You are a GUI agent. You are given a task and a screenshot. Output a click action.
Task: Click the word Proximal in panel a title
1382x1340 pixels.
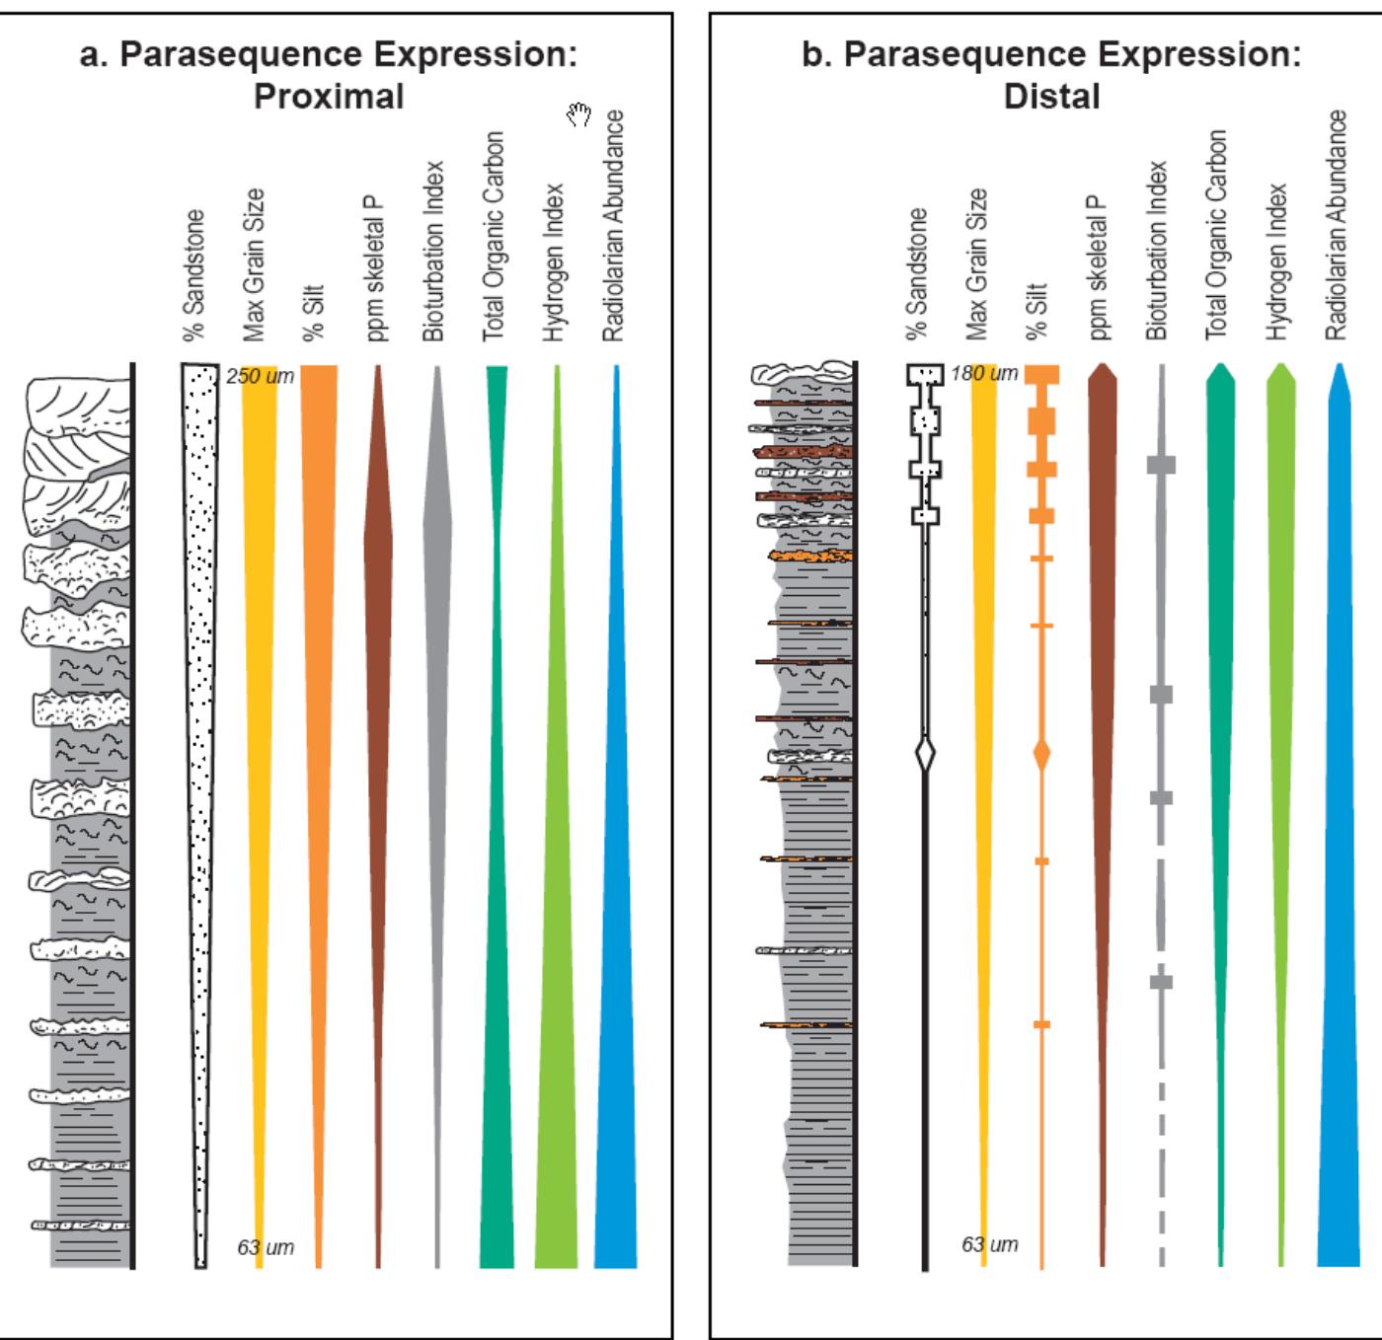coord(329,97)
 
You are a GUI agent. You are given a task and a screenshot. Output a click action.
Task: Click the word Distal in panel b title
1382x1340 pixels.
coord(1051,97)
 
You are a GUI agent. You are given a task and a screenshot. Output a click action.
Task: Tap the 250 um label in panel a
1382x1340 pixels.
coord(260,376)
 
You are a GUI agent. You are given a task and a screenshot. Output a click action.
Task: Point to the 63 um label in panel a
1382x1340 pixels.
coord(266,1247)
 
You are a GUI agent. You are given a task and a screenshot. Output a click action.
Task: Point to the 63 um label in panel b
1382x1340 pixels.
coord(989,1244)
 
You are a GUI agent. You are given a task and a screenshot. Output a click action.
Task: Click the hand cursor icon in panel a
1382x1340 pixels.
coord(578,115)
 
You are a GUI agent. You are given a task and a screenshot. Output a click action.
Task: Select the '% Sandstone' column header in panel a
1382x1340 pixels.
coord(195,275)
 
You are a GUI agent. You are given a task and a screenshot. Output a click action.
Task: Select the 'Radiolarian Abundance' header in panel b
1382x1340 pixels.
coord(1336,225)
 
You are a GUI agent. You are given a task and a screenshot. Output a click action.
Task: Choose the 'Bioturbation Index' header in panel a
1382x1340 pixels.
coord(433,252)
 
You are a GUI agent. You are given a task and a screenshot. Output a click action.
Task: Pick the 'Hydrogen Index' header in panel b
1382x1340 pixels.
coord(1277,261)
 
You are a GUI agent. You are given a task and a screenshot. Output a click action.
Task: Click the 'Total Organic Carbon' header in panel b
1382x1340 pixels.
coord(1217,235)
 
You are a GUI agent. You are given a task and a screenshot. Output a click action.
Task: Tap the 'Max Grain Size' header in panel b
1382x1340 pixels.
coord(977,264)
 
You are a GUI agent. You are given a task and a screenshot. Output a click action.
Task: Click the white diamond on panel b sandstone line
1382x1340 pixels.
coord(925,756)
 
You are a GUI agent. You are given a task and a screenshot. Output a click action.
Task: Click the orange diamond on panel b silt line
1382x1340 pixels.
coord(1041,755)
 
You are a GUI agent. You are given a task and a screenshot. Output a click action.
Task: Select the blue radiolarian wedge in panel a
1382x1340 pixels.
coord(616,987)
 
